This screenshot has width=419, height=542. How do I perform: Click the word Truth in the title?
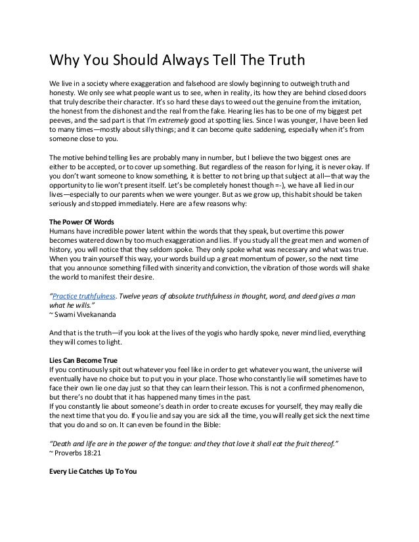click(282, 62)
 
